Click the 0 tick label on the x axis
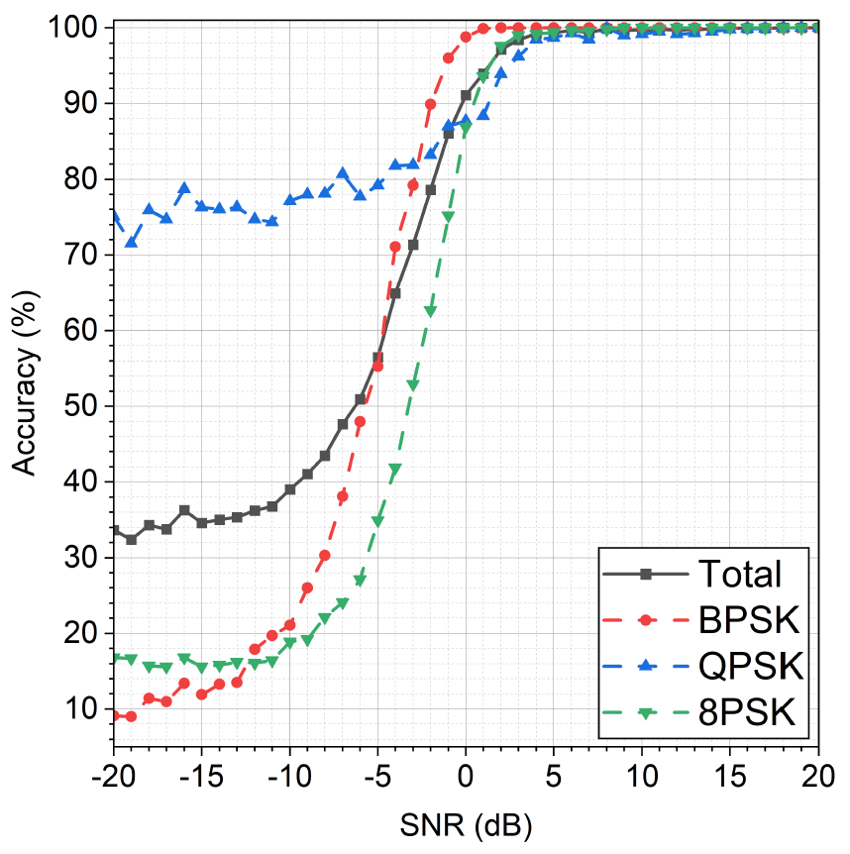[x=466, y=773]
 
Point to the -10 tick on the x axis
[x=289, y=773]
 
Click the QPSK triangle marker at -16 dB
[x=184, y=187]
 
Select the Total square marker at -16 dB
[x=184, y=510]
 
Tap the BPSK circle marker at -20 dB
[x=114, y=715]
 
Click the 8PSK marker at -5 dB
[x=377, y=521]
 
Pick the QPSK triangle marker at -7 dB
[x=343, y=173]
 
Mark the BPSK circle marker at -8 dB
[x=325, y=555]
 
